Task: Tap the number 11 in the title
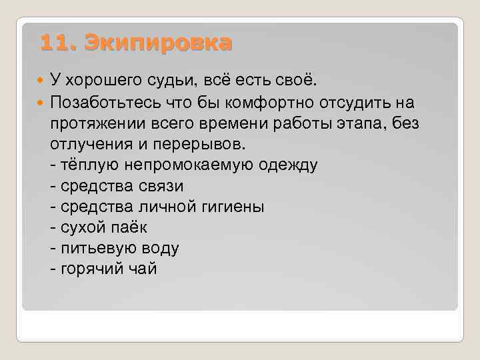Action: pyautogui.click(x=53, y=43)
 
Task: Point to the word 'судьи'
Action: pyautogui.click(x=167, y=81)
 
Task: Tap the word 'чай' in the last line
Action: pyautogui.click(x=144, y=270)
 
